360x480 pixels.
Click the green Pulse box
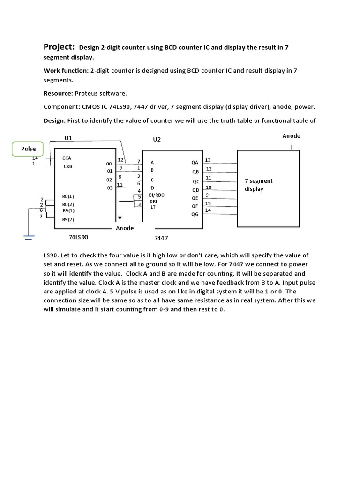(29, 149)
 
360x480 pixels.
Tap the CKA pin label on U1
(67, 158)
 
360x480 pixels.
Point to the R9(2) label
(68, 219)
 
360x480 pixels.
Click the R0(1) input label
(68, 196)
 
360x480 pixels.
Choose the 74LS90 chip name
(78, 237)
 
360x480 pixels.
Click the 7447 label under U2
(161, 238)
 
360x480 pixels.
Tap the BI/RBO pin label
(157, 195)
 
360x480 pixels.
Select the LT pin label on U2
(153, 207)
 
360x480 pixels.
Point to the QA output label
(195, 162)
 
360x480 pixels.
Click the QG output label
(195, 214)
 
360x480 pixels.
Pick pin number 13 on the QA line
(208, 160)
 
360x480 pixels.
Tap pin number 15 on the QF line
(208, 203)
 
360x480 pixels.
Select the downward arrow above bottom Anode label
(120, 216)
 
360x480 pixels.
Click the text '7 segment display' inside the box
(258, 185)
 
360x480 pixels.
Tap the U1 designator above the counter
(68, 138)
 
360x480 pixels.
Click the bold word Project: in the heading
(59, 46)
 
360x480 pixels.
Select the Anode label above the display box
(291, 136)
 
